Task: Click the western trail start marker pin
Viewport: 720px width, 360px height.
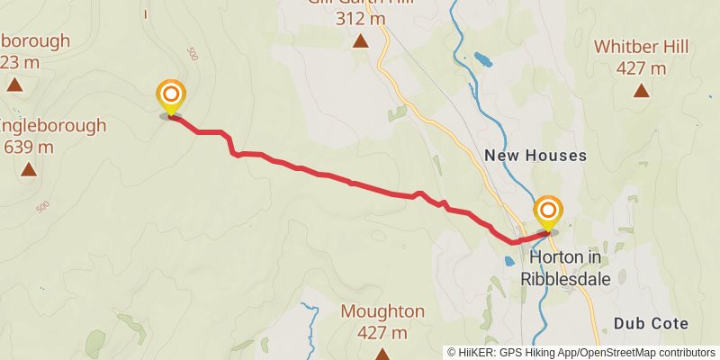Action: [170, 95]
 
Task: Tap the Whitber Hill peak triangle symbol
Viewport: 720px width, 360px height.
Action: [641, 90]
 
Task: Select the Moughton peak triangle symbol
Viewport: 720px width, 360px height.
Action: [382, 354]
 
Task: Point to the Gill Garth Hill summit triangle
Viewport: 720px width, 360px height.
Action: [361, 40]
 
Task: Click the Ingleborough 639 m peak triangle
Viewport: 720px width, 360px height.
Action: [29, 169]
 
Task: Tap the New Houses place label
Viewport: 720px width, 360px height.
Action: [535, 156]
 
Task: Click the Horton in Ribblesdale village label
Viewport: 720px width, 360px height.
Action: [564, 267]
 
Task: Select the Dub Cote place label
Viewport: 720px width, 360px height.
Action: [651, 323]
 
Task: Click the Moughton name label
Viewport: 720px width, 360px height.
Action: [382, 311]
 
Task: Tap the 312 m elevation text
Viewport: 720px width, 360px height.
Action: [361, 18]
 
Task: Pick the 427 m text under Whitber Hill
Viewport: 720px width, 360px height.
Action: [641, 68]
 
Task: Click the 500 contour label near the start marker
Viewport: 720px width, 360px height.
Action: [192, 54]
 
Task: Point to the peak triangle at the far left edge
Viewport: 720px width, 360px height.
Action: [14, 85]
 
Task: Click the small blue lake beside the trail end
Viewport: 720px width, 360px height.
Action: [509, 261]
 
